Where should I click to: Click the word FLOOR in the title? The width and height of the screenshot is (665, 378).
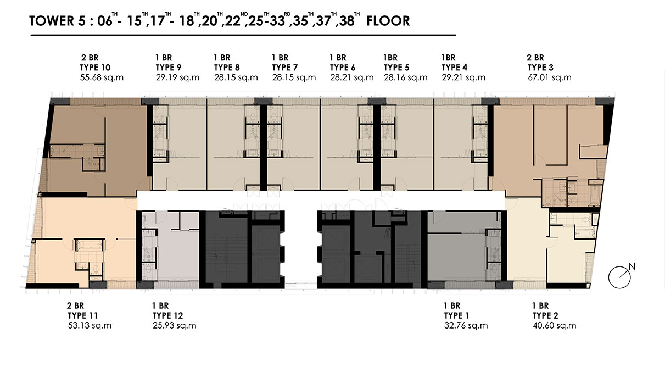coord(388,21)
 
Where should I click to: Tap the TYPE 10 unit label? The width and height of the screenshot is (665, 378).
coord(95,68)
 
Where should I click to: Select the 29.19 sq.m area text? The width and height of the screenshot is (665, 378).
coord(177,78)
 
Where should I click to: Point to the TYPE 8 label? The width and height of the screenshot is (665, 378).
coord(227,68)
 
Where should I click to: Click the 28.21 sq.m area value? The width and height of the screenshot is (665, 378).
coord(352,78)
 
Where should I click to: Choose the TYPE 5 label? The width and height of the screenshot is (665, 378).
coord(396,68)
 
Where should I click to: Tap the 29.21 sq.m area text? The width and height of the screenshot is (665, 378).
coord(463,78)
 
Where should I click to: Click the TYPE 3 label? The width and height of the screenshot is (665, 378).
coord(540,68)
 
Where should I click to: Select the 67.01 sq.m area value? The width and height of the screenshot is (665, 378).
coord(550,78)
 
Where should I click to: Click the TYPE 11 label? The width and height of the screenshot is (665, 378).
coord(82,316)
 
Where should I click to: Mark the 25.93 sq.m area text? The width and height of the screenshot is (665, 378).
coord(175,326)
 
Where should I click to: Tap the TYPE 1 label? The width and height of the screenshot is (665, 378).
coord(456,316)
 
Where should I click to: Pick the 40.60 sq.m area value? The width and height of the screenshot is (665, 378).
coord(555,326)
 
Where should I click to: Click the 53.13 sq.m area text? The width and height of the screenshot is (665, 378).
coord(90,326)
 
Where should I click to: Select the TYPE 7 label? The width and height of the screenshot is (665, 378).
coord(284,68)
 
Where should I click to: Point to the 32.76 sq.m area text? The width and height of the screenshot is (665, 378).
coord(466,326)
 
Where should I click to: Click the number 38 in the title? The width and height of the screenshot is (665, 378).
coord(346,21)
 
